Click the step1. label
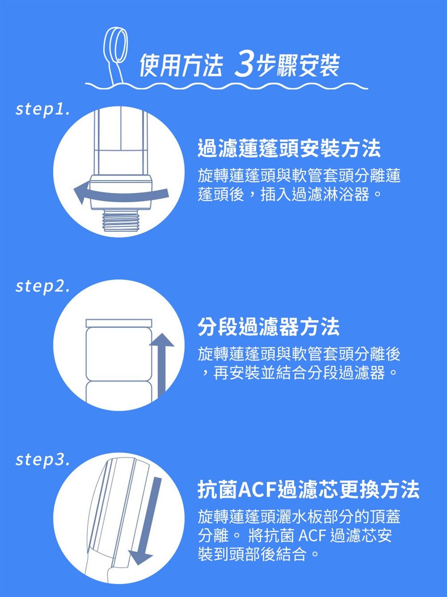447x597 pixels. click(x=43, y=109)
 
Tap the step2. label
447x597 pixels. click(x=43, y=287)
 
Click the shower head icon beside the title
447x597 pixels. click(x=115, y=54)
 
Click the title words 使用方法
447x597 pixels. click(x=181, y=65)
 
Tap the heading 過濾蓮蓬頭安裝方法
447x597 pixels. click(x=289, y=149)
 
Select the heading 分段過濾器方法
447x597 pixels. click(x=268, y=326)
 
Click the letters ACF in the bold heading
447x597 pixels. click(x=257, y=489)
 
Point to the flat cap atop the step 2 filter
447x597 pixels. click(x=119, y=323)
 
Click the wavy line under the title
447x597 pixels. click(x=226, y=86)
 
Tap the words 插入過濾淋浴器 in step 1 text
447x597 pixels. click(x=315, y=194)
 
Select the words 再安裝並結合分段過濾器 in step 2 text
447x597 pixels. click(x=299, y=373)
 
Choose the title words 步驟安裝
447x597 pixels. click(x=298, y=65)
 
